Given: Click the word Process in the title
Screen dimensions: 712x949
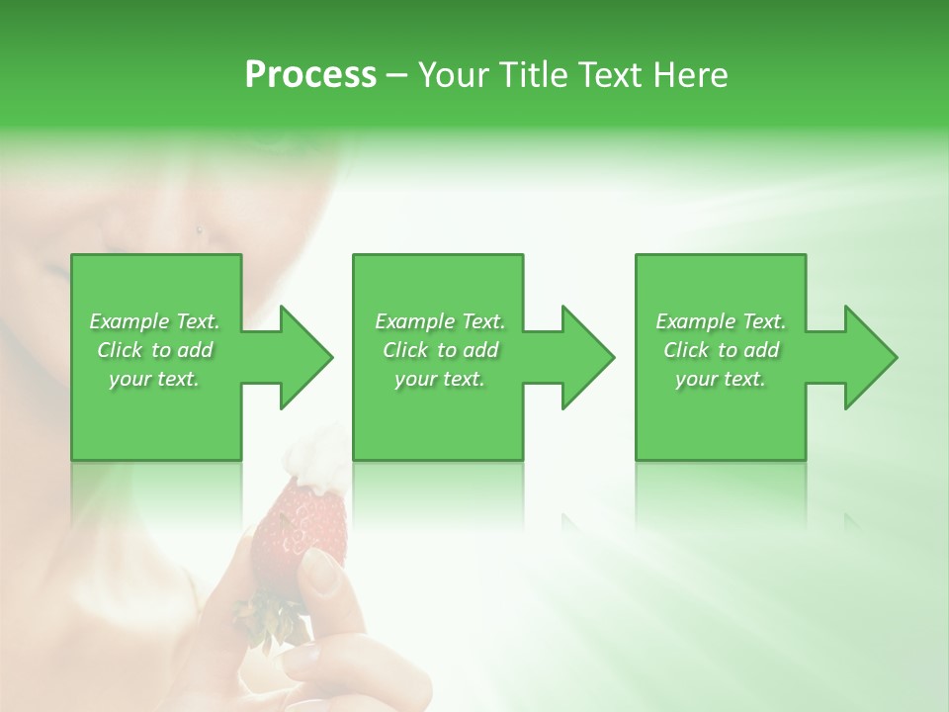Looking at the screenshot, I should point(310,74).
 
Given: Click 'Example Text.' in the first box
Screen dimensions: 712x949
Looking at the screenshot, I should point(154,321).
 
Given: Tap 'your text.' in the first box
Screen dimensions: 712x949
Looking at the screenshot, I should point(154,379).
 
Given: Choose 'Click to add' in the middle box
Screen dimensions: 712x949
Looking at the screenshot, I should point(440,350).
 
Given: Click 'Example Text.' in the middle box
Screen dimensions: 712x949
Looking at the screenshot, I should point(440,321).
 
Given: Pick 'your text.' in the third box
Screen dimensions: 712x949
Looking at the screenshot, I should point(721,379).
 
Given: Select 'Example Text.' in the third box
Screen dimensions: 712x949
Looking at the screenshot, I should point(721,321).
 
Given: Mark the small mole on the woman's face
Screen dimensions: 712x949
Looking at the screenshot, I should point(201,231).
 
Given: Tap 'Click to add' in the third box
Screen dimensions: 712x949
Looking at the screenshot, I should point(721,350).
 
